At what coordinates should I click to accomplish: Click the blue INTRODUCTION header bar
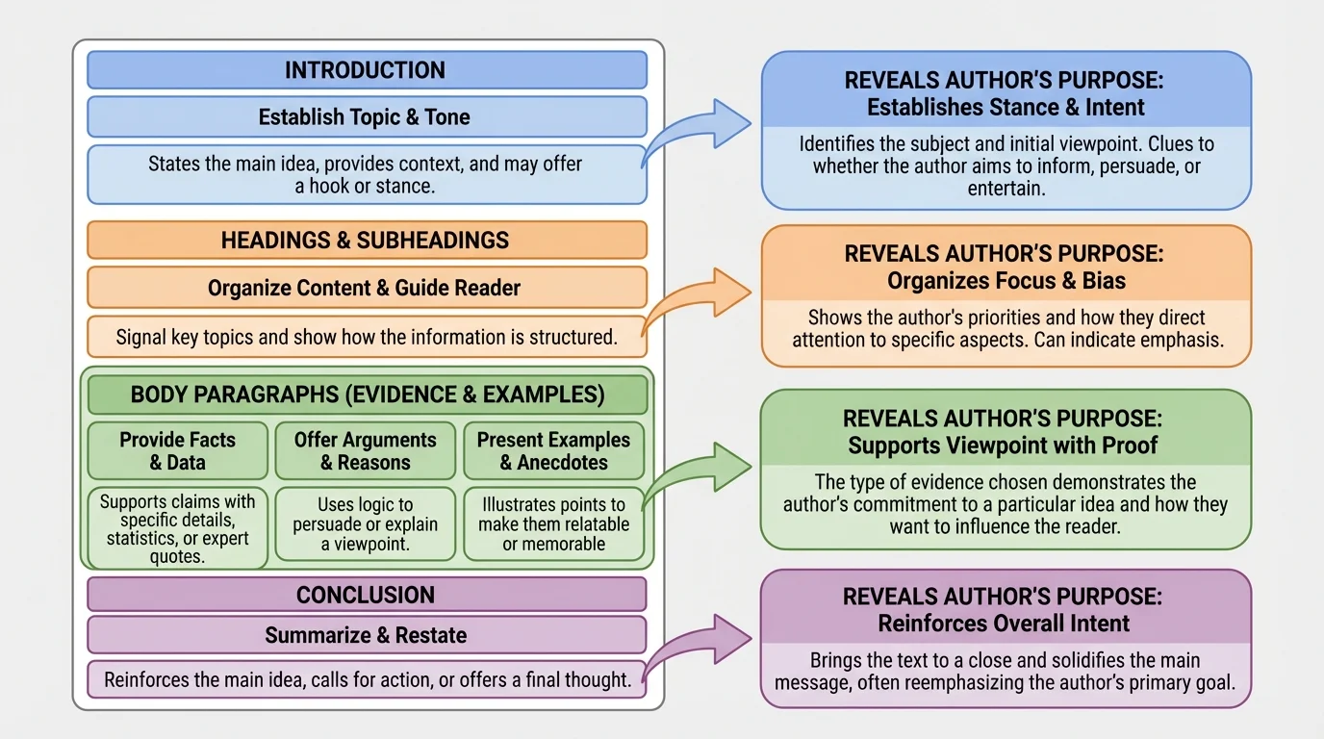point(366,70)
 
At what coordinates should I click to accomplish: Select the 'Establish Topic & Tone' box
point(366,117)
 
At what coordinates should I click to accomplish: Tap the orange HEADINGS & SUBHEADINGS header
point(366,241)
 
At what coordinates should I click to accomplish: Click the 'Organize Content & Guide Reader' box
point(366,288)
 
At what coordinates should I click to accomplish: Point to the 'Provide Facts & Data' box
point(177,450)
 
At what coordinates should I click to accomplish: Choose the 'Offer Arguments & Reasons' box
point(365,450)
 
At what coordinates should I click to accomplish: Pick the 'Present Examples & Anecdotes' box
point(553,450)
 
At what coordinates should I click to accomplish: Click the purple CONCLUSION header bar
point(366,595)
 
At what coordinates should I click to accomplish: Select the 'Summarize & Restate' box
point(366,635)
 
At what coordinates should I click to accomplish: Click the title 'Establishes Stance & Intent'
point(1006,108)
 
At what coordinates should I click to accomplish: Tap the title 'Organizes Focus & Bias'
point(1006,281)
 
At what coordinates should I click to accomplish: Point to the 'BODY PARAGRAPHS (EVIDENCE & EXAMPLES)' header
point(367,395)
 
